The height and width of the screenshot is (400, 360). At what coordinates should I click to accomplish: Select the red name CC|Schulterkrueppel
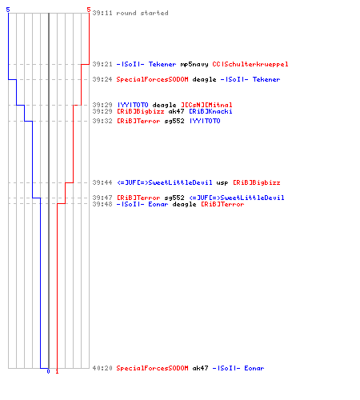click(x=250, y=64)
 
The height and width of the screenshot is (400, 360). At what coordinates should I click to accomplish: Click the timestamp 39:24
click(x=102, y=79)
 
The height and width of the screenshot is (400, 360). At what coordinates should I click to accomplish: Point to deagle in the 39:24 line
click(x=204, y=79)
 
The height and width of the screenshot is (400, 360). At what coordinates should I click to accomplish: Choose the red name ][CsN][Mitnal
click(x=206, y=105)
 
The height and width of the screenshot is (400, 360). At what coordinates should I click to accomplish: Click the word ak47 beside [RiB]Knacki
click(x=176, y=111)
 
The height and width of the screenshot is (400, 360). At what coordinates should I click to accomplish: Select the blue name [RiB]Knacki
click(x=210, y=111)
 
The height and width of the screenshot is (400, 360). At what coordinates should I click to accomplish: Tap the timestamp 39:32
click(x=102, y=121)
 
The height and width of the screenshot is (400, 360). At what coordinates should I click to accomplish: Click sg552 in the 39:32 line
click(x=174, y=121)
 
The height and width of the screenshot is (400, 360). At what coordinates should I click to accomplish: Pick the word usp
click(x=222, y=183)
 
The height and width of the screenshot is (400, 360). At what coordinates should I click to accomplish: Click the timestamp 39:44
click(x=102, y=182)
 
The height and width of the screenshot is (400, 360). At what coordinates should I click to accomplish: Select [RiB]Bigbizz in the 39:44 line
click(x=257, y=182)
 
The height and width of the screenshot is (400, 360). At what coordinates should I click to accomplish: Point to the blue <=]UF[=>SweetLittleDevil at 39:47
click(x=237, y=198)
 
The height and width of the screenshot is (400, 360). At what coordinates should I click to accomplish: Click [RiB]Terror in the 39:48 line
click(x=222, y=204)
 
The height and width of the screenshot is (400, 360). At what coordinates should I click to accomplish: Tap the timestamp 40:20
click(x=102, y=368)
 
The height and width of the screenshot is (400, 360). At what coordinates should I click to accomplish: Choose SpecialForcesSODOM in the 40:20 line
click(x=152, y=368)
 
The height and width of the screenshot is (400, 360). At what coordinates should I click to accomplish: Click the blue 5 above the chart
click(x=8, y=10)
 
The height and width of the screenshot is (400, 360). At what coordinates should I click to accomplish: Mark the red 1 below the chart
click(x=57, y=371)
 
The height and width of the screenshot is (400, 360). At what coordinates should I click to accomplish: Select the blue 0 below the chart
click(x=48, y=371)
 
